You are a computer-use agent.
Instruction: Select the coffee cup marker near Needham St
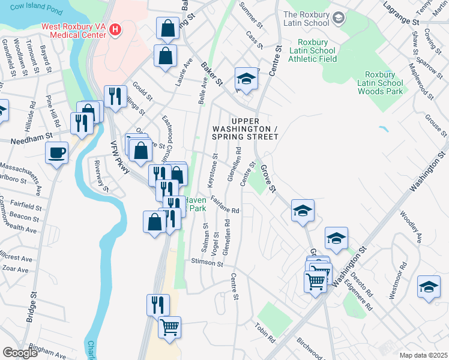click(57, 152)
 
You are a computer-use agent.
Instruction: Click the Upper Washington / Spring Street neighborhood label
click(245, 129)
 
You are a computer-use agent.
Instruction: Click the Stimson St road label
click(207, 263)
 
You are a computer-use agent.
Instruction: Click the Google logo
click(20, 353)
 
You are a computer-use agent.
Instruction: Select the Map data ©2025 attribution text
click(424, 355)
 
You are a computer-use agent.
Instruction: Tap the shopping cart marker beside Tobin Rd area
click(170, 327)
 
